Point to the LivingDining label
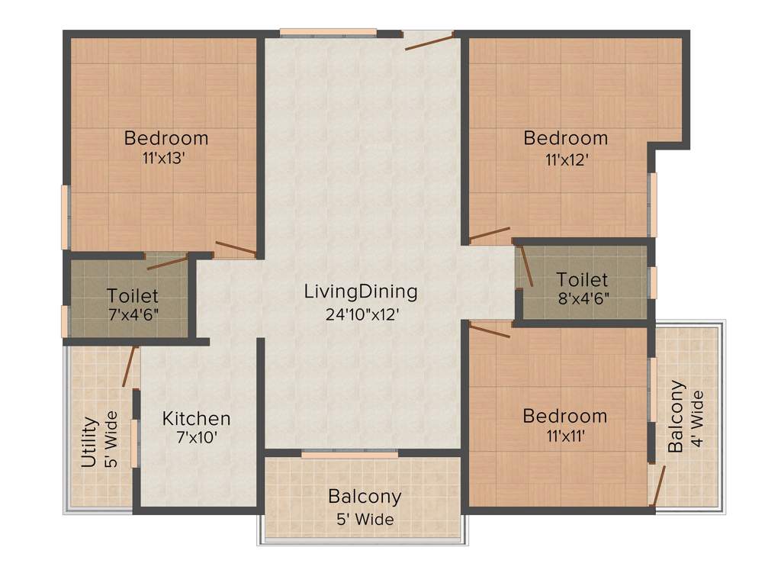coord(361,291)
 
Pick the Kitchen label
coord(196,418)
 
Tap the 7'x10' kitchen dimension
coord(196,439)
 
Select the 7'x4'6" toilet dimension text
coord(133,314)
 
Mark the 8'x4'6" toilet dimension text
coord(583,298)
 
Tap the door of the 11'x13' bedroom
coord(236,247)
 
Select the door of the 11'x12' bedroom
coord(490,233)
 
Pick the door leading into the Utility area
coord(130,366)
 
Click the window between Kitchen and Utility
coord(134,442)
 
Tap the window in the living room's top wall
coord(328,33)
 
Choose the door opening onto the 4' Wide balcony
coord(658,485)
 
